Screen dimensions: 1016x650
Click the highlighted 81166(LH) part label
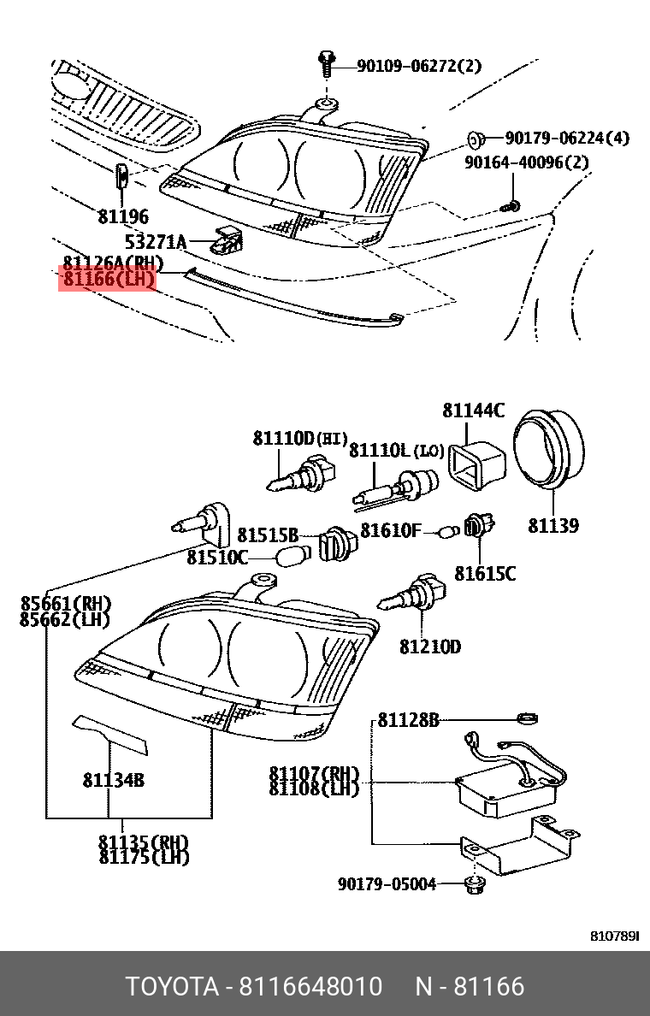point(107,279)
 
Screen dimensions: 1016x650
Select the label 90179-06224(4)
point(566,138)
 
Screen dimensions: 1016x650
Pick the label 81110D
point(284,439)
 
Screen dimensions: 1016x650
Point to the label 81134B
point(113,779)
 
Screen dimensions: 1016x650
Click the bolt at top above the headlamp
point(325,63)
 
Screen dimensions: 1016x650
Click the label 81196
point(123,216)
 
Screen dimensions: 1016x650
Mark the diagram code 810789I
point(615,937)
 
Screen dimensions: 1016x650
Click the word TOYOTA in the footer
point(172,986)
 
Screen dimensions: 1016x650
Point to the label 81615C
point(485,573)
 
